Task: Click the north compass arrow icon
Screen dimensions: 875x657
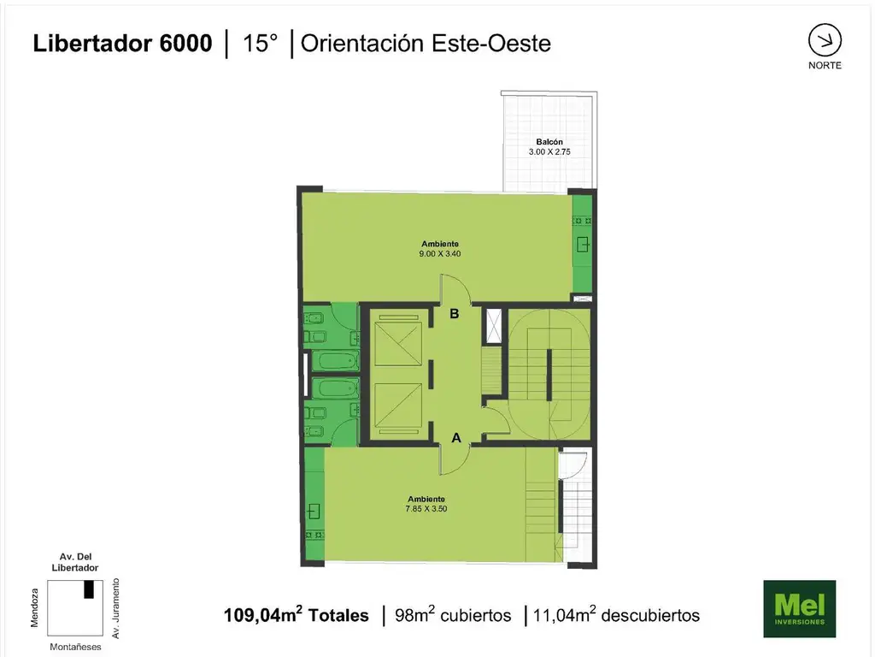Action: coord(825,40)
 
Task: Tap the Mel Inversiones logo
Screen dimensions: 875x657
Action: coord(799,608)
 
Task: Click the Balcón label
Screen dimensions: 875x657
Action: coord(549,142)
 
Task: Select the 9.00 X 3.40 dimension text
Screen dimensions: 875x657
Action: coord(440,253)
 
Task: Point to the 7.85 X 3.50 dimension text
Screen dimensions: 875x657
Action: coord(426,509)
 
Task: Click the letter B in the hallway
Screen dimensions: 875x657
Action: coord(455,314)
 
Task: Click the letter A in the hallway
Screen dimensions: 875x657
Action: coord(456,439)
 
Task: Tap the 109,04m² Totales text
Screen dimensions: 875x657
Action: coord(297,614)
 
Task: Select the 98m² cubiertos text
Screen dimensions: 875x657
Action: coord(453,614)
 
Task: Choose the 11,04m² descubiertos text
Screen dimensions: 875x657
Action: coord(616,614)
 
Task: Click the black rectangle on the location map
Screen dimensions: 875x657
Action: coord(89,589)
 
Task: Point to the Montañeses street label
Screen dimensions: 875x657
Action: coord(75,647)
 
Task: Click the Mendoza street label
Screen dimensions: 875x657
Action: coord(34,608)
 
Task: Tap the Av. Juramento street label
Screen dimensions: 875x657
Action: coord(116,608)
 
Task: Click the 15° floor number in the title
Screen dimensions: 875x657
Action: coord(260,44)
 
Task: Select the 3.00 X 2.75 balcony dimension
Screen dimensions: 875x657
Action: coord(549,152)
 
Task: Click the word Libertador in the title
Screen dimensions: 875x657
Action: coord(92,44)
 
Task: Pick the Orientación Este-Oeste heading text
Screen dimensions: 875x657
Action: coord(426,44)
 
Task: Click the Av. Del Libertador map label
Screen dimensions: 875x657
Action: coord(75,562)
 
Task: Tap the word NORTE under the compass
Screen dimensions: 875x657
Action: coord(825,65)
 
